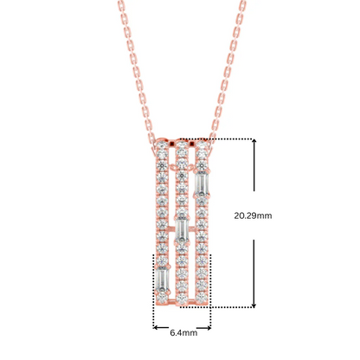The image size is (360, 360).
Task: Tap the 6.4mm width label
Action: (182, 331)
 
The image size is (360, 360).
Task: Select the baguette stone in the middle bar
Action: (182, 230)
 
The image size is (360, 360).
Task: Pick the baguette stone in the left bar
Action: (162, 279)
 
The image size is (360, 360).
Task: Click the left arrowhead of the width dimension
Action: (156, 326)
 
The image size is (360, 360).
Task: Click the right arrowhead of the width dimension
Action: (209, 326)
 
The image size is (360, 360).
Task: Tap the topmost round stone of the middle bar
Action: (182, 146)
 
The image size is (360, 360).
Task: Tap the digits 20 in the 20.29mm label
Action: (241, 215)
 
